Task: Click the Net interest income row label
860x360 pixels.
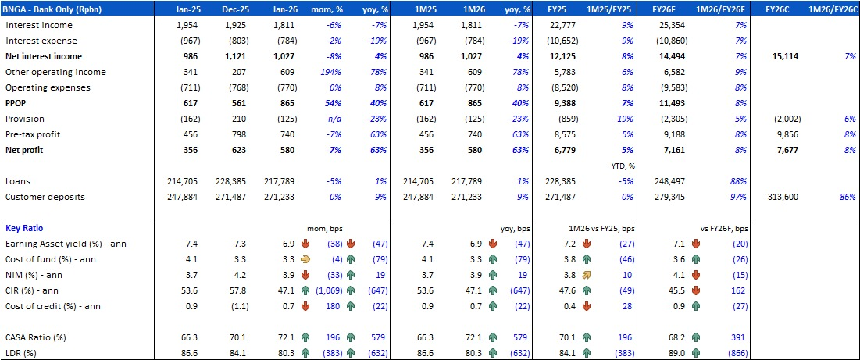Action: point(44,56)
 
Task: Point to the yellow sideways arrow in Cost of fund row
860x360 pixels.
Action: point(306,259)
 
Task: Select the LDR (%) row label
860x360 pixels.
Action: point(23,353)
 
